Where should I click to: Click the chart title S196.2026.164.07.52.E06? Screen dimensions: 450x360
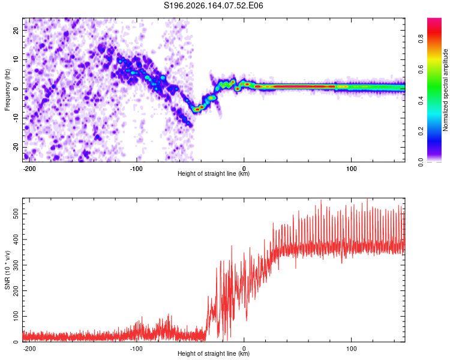213,5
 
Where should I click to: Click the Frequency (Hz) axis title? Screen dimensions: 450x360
7,89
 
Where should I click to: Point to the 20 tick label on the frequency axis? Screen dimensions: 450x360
16,30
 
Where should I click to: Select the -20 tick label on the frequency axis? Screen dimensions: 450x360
16,148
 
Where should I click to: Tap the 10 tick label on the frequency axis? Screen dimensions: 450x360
16,59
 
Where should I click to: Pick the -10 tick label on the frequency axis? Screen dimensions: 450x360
16,118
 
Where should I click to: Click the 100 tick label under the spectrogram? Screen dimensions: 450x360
351,169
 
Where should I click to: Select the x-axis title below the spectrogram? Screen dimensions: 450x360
214,173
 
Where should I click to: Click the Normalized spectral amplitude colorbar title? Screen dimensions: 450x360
445,90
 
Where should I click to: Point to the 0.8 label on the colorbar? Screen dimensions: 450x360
421,38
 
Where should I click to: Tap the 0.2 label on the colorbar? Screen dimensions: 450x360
421,131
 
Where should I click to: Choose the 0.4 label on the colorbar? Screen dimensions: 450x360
421,100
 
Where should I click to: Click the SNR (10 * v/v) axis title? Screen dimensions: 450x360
7,270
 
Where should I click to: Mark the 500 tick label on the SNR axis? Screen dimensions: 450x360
16,214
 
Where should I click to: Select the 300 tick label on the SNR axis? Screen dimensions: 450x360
16,265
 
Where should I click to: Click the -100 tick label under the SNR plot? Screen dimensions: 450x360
136,349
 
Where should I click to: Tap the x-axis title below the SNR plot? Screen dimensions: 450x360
214,353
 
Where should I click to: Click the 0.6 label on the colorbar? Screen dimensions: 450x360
421,69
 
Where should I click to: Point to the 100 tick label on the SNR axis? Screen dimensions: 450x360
16,316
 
